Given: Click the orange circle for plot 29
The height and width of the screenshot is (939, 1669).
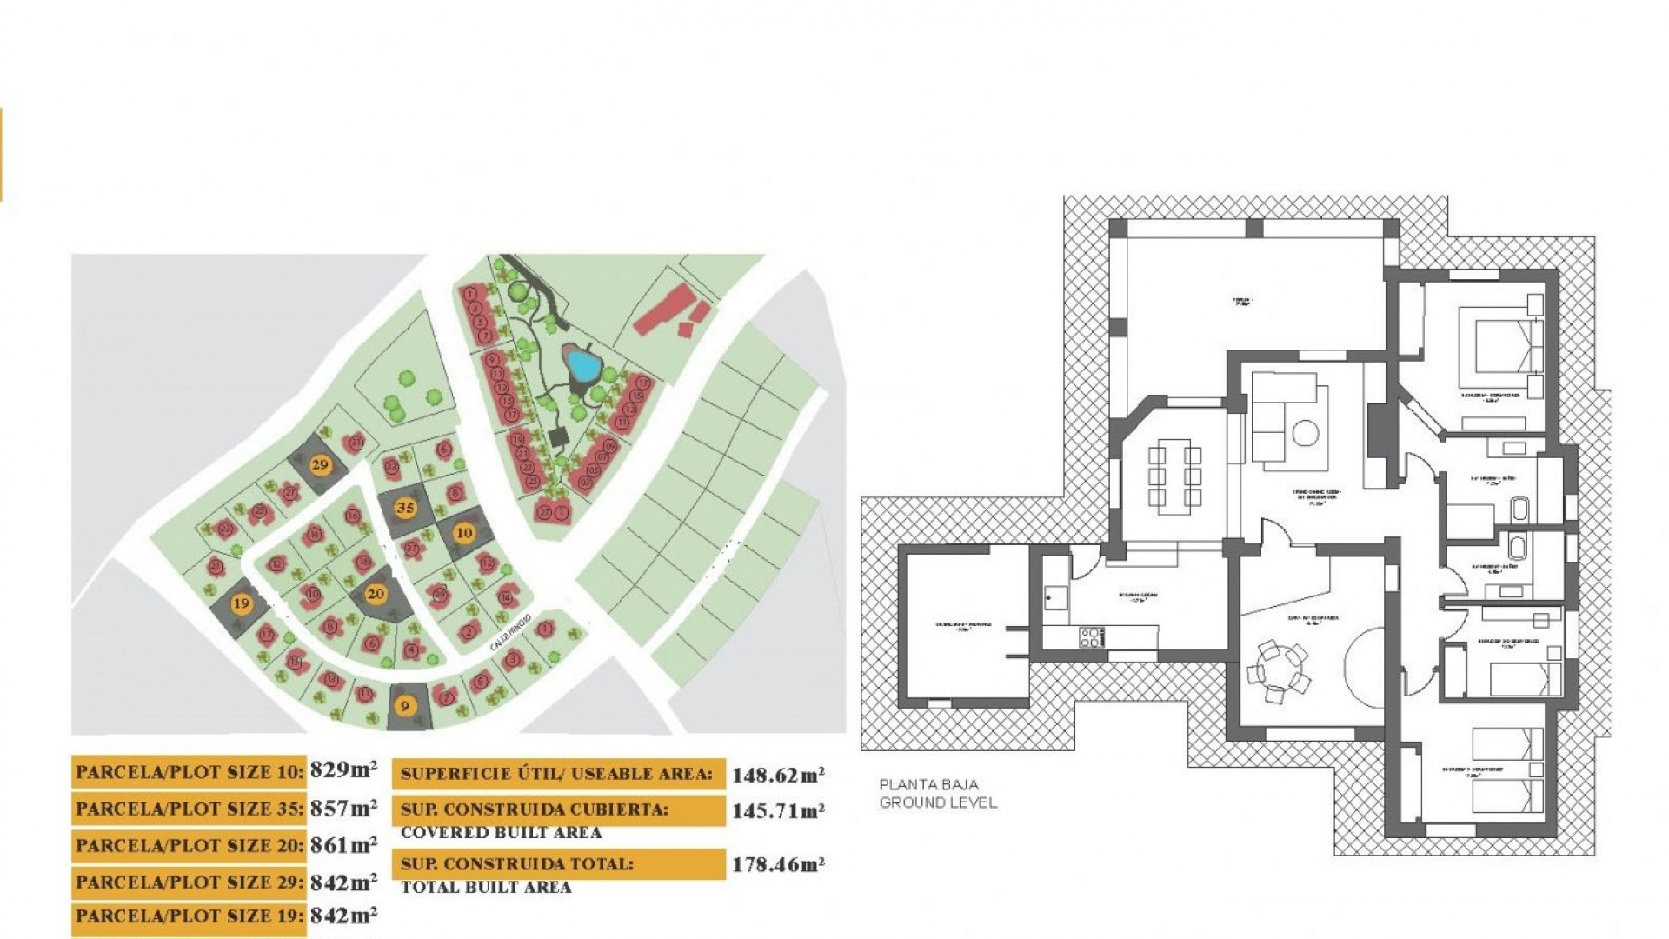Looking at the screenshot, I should pyautogui.click(x=320, y=464).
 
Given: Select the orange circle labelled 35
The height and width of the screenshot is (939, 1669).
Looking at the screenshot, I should pyautogui.click(x=404, y=508).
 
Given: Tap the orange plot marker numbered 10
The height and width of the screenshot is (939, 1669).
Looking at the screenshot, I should pyautogui.click(x=464, y=532).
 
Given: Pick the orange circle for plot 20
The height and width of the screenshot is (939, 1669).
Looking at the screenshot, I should pyautogui.click(x=376, y=595).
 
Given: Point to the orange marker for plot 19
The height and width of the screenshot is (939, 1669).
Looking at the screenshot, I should pyautogui.click(x=241, y=603).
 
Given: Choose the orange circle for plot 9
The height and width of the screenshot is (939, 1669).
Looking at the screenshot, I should pyautogui.click(x=404, y=706).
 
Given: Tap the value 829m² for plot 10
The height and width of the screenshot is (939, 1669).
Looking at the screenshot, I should pyautogui.click(x=343, y=770).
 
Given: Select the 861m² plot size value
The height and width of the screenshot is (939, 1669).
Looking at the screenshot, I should pyautogui.click(x=343, y=844).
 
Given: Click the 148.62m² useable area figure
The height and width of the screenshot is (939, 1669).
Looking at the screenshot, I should pyautogui.click(x=777, y=775).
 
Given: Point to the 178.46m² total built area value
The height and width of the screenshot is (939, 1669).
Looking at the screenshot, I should pyautogui.click(x=777, y=865).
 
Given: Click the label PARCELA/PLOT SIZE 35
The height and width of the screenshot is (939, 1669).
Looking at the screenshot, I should pyautogui.click(x=190, y=809).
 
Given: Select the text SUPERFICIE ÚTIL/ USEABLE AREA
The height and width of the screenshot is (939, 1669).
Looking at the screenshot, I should pyautogui.click(x=556, y=774).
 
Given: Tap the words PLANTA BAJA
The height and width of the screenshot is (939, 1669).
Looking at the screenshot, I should pyautogui.click(x=928, y=784).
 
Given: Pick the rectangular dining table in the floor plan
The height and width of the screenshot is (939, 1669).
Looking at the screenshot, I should pyautogui.click(x=1174, y=474).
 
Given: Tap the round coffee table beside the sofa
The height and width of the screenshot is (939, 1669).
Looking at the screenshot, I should pyautogui.click(x=1305, y=432).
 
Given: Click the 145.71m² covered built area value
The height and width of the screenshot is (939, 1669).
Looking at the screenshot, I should pyautogui.click(x=777, y=811).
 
